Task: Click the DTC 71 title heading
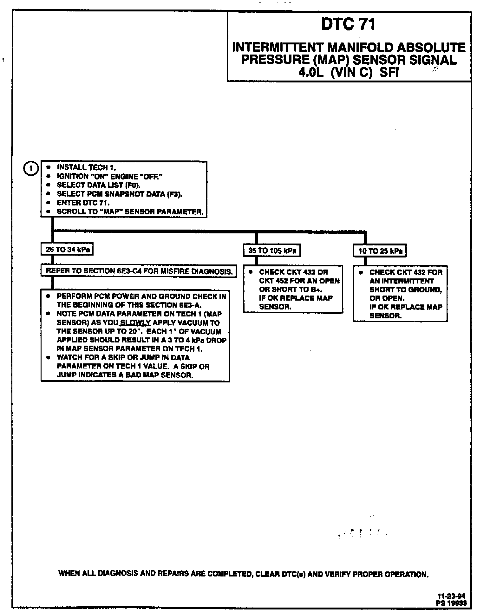click(x=348, y=24)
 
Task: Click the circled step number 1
click(x=31, y=168)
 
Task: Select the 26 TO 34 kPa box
click(x=67, y=250)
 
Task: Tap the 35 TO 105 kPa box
click(x=272, y=251)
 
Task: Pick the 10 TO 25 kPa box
click(x=380, y=251)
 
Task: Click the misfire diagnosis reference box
click(x=139, y=271)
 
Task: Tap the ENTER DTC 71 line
click(x=83, y=203)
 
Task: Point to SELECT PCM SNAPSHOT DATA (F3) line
click(x=119, y=194)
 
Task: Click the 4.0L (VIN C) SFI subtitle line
click(x=348, y=73)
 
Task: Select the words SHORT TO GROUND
click(x=405, y=290)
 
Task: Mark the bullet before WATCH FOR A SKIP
click(x=48, y=358)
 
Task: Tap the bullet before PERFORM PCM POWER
click(x=48, y=296)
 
